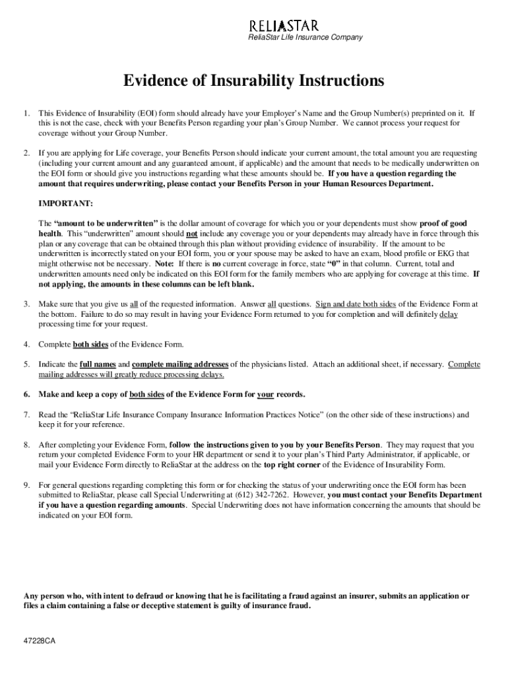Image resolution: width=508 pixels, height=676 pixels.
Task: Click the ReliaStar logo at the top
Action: pos(283,26)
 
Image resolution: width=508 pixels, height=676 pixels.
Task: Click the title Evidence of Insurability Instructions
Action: pos(254,81)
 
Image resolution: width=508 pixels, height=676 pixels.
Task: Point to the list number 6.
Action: pos(27,395)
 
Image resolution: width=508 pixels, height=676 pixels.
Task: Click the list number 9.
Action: pos(27,485)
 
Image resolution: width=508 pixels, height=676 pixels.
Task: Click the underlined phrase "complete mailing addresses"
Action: pos(180,364)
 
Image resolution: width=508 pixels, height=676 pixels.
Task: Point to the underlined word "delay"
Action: pos(449,314)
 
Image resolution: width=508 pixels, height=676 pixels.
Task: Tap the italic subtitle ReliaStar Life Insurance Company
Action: pos(305,38)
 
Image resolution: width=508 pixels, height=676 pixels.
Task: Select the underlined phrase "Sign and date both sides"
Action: pos(356,304)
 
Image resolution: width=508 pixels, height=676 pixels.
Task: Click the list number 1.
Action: pos(27,113)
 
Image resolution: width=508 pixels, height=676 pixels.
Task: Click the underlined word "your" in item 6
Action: pos(265,395)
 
